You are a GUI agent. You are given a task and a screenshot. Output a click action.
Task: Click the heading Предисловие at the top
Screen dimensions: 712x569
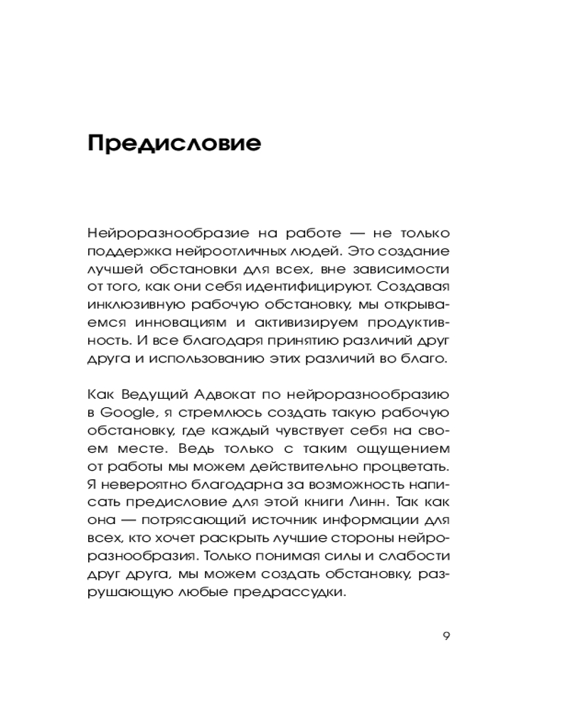(174, 143)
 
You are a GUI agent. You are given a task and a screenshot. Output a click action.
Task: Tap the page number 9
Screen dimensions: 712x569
(446, 636)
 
